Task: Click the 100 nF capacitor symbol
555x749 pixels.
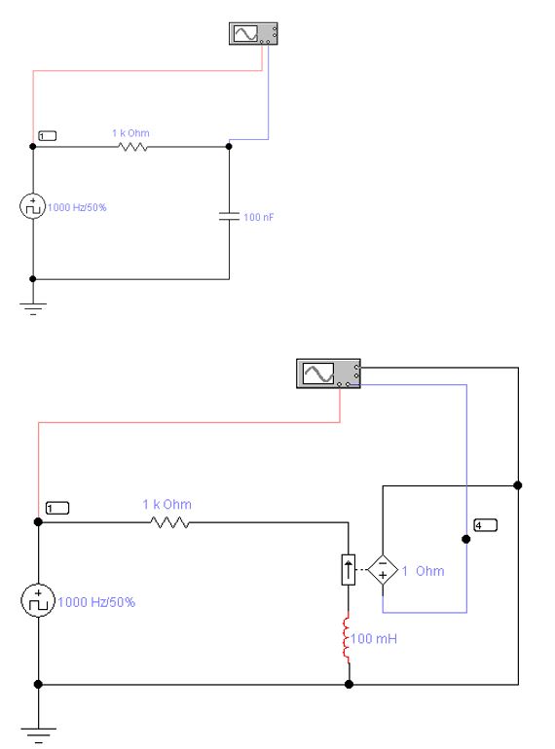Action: point(229,216)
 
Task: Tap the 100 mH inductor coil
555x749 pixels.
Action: point(347,639)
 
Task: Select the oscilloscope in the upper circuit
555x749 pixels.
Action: point(253,33)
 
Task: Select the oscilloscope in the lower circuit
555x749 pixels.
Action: point(328,374)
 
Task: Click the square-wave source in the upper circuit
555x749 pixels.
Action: point(32,206)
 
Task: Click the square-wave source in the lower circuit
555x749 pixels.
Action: point(38,600)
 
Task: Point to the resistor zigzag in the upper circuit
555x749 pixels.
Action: point(132,147)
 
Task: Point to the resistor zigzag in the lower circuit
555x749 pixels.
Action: point(169,522)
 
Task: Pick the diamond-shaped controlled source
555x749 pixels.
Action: point(383,570)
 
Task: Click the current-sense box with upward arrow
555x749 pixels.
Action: point(348,570)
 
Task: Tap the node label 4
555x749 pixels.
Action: point(485,525)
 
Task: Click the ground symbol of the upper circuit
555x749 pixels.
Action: point(32,308)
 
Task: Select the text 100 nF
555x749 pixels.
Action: point(259,217)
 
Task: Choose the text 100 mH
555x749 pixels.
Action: point(374,639)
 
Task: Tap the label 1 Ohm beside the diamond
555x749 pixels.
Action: point(423,571)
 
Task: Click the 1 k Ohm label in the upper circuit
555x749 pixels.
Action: point(130,133)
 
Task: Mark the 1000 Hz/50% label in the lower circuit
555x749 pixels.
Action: point(96,602)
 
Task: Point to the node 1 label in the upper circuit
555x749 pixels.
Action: point(47,136)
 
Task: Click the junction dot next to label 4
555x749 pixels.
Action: point(466,539)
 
